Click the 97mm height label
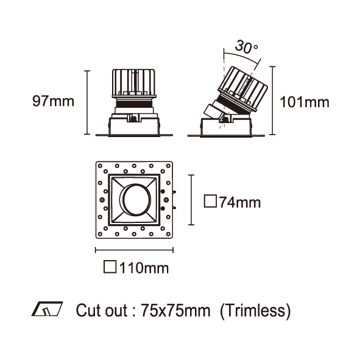(53, 101)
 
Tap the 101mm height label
(305, 102)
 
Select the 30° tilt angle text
(246, 47)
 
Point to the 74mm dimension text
(240, 202)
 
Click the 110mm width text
(144, 267)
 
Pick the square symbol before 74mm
(210, 201)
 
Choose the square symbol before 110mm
(110, 267)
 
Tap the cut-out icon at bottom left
(47, 309)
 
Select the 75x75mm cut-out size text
(175, 311)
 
